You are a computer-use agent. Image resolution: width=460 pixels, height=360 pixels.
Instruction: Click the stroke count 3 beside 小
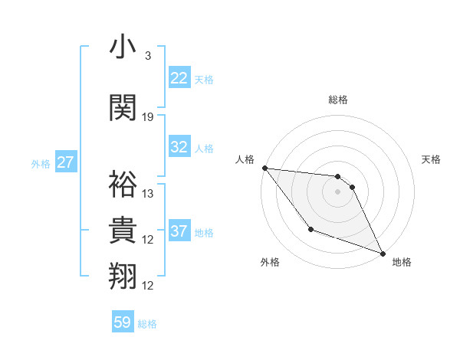point(148,56)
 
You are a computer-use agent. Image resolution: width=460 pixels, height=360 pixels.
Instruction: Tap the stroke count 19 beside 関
point(149,116)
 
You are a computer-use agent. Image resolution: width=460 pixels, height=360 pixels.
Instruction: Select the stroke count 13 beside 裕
point(149,194)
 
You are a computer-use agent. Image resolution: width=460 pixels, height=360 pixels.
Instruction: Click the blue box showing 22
point(179,78)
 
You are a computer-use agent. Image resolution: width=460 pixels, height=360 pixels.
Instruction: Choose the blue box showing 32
point(179,147)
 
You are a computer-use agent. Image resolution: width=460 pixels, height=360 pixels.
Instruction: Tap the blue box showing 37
point(179,231)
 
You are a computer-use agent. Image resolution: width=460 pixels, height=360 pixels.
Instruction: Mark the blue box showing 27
point(66,163)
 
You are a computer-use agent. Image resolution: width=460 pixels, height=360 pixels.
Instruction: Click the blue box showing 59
point(123,322)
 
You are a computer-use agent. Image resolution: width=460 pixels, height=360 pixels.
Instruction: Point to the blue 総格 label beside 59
point(147,324)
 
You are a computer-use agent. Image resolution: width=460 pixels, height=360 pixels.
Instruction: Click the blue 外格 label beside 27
point(41,164)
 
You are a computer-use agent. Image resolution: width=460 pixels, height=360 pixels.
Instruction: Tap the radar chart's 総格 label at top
point(338,100)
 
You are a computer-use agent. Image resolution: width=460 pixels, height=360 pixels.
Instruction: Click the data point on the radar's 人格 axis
point(264,168)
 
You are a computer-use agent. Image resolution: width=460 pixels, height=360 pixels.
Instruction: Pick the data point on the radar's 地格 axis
point(383,254)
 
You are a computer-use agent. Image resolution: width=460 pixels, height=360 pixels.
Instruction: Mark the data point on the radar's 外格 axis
point(310,229)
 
